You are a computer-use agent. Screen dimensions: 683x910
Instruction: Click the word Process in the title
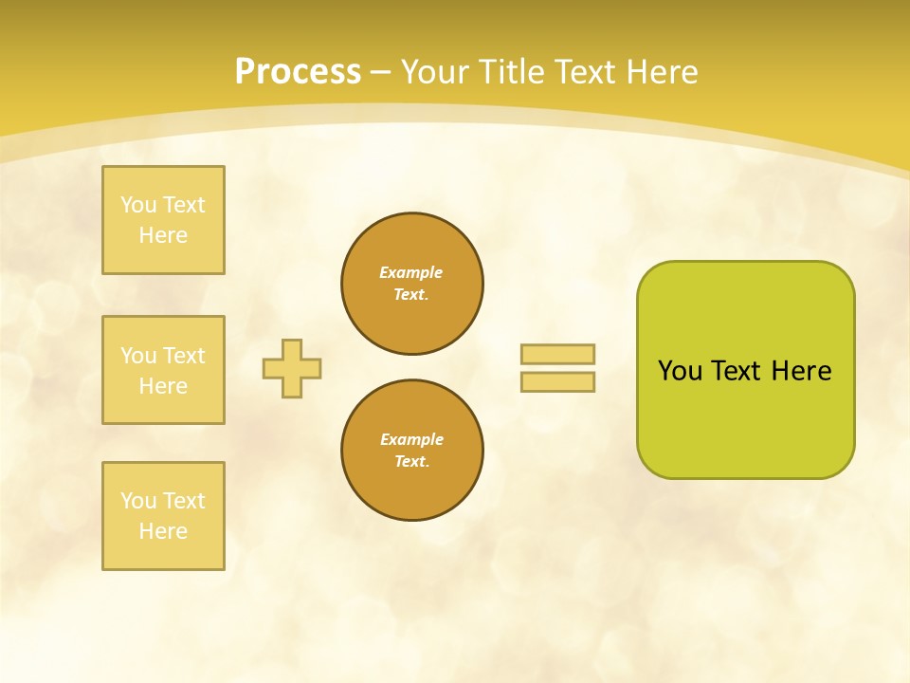[298, 72]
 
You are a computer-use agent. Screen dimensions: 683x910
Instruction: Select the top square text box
[163, 220]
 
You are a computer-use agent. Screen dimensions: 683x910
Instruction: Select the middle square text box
[163, 370]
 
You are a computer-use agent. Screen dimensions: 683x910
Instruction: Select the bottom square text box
[163, 516]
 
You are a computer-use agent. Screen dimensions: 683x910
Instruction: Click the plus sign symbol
[292, 368]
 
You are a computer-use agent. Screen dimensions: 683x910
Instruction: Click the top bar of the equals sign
[557, 354]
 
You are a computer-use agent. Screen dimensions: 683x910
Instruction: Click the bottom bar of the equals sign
[557, 381]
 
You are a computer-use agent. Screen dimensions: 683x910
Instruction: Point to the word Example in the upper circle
[411, 272]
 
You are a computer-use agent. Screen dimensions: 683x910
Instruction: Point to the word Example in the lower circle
[411, 439]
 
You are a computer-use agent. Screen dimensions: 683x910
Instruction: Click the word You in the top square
[138, 205]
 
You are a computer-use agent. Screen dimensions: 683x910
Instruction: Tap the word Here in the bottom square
[163, 531]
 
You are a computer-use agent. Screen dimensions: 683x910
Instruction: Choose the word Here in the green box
[801, 371]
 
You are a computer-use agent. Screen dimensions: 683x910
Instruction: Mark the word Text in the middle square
[184, 356]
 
